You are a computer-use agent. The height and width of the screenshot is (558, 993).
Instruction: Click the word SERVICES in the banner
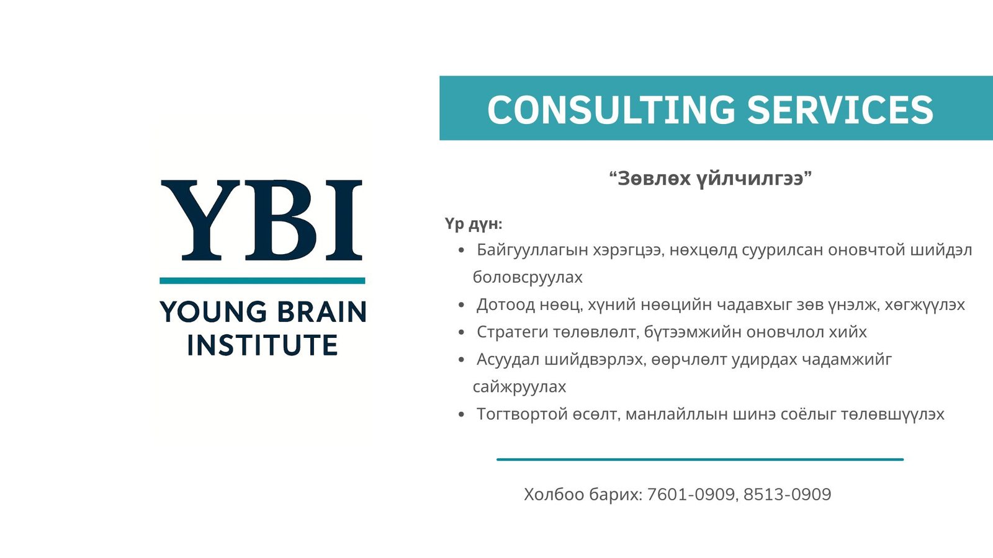[840, 109]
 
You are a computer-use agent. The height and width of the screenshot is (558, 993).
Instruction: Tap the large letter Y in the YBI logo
[201, 220]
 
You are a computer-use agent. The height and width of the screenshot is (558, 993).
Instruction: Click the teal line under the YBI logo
[263, 280]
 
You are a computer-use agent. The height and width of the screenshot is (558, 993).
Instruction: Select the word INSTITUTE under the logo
[263, 345]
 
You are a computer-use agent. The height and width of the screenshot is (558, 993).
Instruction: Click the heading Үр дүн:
[474, 224]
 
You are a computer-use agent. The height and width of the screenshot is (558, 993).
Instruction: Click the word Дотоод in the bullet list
[505, 304]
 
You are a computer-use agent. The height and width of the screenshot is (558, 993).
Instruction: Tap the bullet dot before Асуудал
[462, 360]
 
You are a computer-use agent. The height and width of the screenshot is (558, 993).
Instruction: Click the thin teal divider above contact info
[700, 459]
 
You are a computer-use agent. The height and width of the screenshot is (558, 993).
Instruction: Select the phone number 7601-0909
[691, 494]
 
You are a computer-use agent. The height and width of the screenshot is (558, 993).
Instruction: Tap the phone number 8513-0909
[788, 494]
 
